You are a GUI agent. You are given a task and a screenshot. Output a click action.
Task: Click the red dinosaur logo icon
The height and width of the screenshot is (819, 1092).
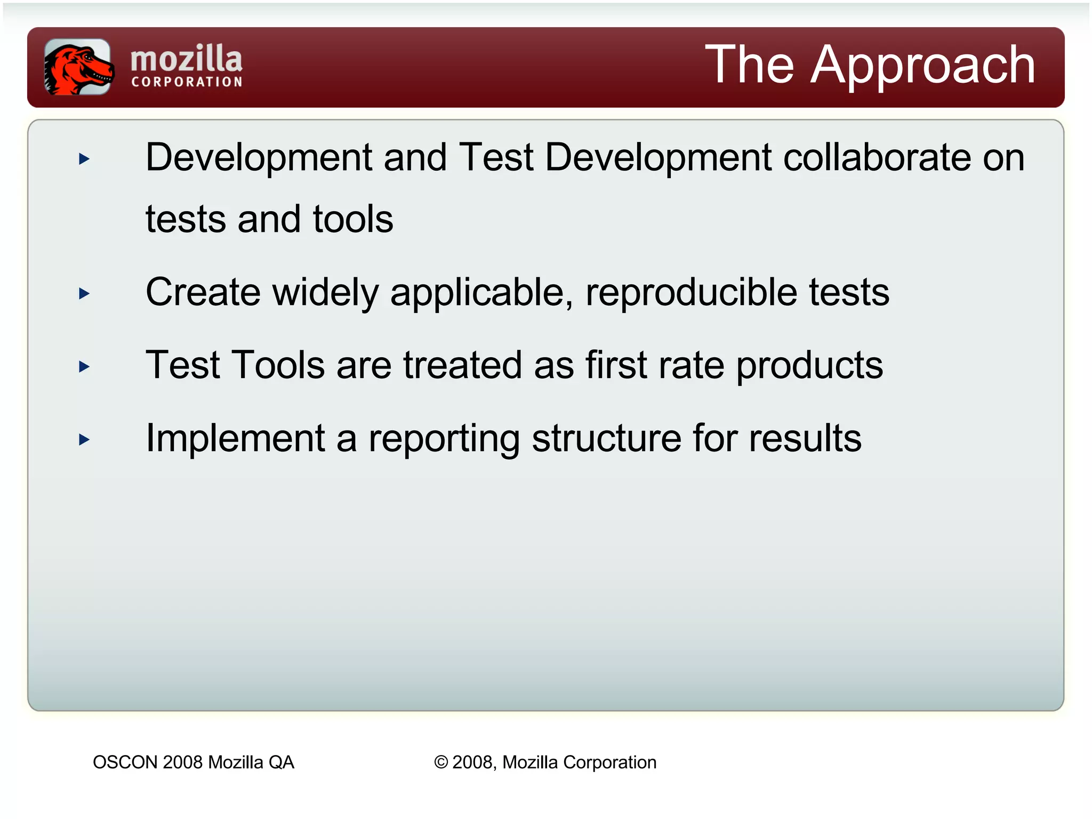78,67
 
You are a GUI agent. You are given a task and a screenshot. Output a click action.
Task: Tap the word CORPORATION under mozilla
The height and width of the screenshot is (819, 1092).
187,82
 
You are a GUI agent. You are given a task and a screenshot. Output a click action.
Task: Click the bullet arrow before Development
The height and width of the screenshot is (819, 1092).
84,159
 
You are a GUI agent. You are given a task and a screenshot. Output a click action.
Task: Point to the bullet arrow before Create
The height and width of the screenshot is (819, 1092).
84,293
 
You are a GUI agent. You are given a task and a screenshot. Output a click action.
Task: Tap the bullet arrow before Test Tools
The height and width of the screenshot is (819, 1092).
84,367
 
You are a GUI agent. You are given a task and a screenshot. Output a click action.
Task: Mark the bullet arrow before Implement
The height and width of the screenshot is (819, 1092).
84,440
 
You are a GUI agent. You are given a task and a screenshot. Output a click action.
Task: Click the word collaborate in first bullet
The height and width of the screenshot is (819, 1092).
877,158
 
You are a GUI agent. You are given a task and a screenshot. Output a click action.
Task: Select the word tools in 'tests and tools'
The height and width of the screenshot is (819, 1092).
353,219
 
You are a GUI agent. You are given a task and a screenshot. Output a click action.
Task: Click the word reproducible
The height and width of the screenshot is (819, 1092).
691,293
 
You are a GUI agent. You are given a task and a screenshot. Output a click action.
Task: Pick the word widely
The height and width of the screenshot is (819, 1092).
325,293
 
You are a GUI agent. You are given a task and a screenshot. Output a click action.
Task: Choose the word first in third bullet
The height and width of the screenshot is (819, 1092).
616,366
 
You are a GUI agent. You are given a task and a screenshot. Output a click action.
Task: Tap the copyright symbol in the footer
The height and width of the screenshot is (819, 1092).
441,762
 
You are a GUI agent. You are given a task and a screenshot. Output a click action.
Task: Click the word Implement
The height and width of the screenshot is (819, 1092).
235,439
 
